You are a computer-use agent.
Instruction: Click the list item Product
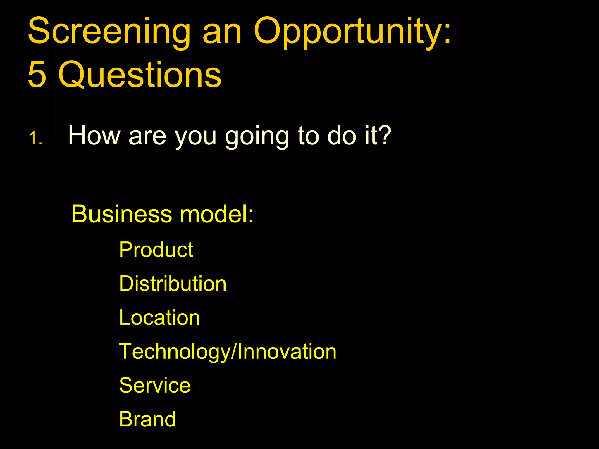(x=156, y=250)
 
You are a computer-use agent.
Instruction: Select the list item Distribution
(x=173, y=284)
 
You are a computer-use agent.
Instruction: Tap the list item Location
(x=159, y=318)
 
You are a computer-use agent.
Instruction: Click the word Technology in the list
(x=174, y=352)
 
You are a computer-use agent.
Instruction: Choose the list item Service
(x=155, y=385)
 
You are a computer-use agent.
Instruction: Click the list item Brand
(x=147, y=419)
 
